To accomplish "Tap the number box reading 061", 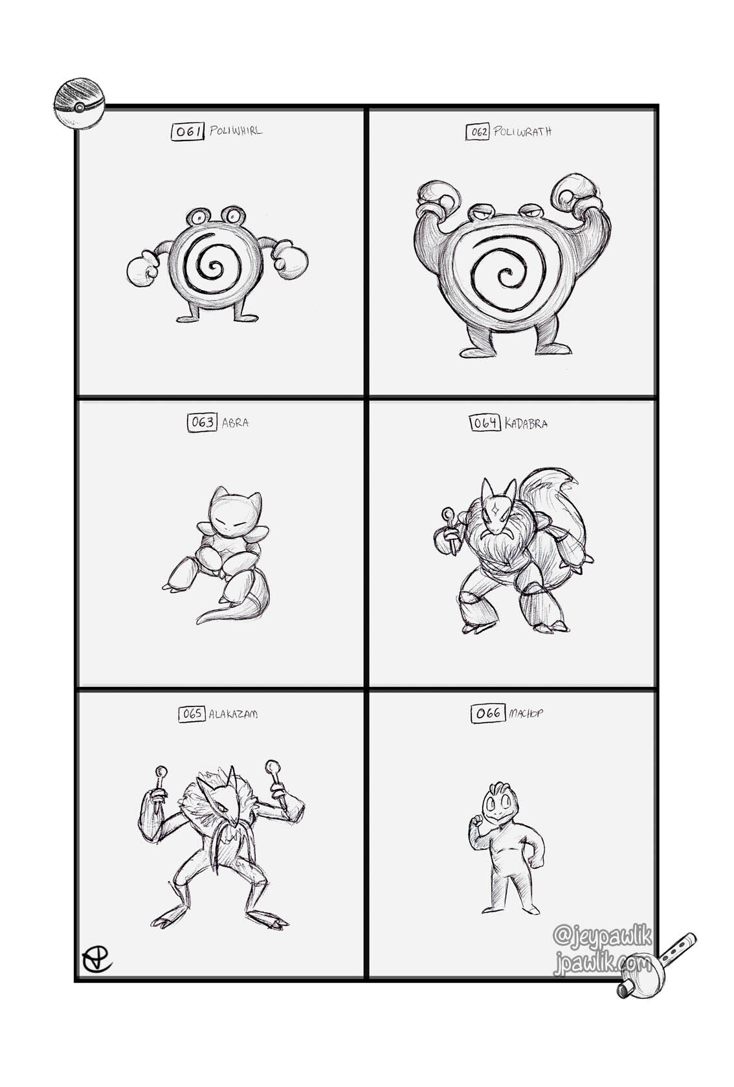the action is (187, 131).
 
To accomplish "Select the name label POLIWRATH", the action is (522, 131).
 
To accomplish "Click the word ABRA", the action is (236, 422).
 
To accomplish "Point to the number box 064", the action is (485, 423).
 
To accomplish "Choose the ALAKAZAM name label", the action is (233, 714).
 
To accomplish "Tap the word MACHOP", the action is (526, 713).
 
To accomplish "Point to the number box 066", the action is (488, 713).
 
